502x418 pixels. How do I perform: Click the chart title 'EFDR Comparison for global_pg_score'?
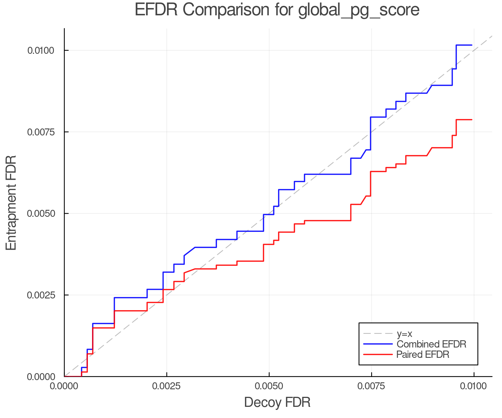(x=277, y=10)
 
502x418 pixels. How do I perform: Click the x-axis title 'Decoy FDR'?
(x=277, y=402)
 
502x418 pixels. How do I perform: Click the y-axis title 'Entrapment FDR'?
(x=11, y=203)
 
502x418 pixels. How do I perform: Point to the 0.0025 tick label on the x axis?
(x=166, y=386)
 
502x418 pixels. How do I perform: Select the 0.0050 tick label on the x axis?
(x=269, y=386)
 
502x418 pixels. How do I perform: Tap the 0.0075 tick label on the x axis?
(x=371, y=386)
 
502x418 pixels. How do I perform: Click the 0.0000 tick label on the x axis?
(x=64, y=386)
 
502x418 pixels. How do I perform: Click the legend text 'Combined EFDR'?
(x=431, y=344)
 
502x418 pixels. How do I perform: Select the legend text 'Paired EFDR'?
(x=423, y=354)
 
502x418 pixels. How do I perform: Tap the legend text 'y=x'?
(x=404, y=334)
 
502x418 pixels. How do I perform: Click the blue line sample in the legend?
(x=378, y=344)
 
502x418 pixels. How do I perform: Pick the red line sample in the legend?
(x=378, y=354)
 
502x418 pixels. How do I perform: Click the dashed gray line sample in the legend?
(x=378, y=334)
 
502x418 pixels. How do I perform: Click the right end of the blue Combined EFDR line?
(x=472, y=45)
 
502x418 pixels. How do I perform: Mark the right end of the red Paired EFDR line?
(x=472, y=120)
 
